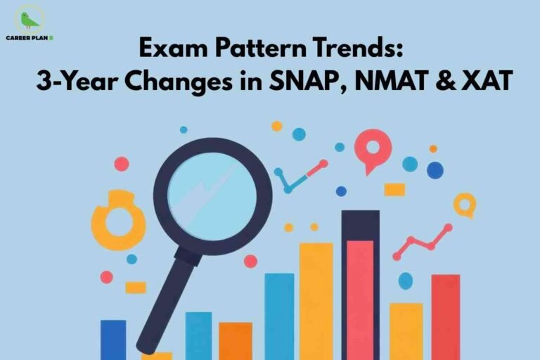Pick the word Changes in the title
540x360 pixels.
point(172,83)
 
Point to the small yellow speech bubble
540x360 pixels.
point(464,205)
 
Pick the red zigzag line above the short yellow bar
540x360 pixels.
point(422,242)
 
